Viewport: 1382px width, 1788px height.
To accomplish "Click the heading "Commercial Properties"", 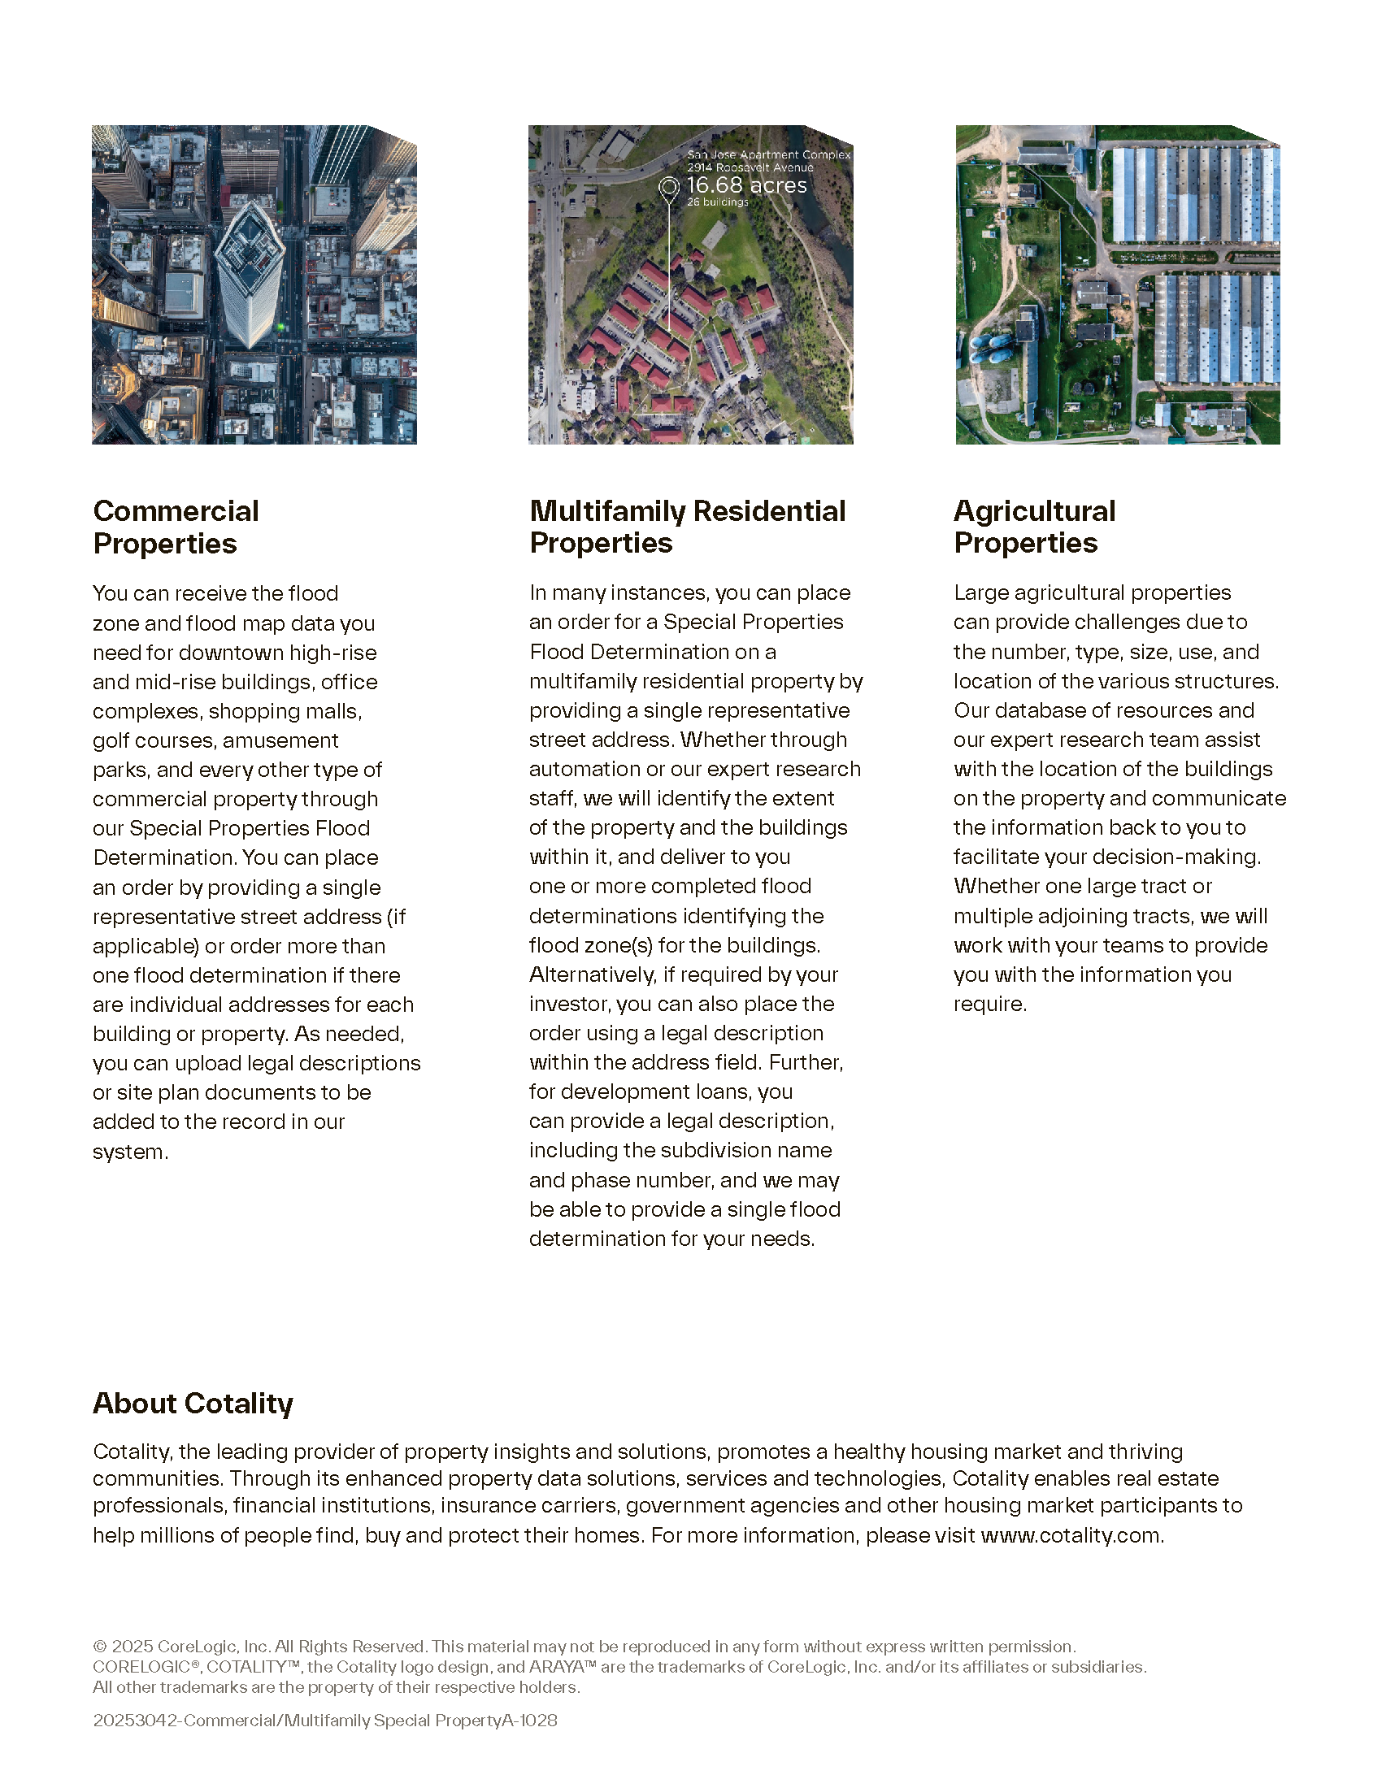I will [x=176, y=527].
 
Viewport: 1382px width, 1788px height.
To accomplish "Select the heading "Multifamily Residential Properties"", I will [x=687, y=527].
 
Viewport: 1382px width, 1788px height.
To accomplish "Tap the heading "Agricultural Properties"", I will [x=1034, y=527].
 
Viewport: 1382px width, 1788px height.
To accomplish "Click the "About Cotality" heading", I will [x=193, y=1403].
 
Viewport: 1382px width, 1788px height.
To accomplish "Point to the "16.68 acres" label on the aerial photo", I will [x=745, y=186].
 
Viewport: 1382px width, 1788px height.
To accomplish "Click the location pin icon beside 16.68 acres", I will [x=669, y=189].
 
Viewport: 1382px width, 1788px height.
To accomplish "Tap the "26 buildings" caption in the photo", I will [x=717, y=202].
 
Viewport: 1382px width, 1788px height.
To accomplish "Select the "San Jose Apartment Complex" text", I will [x=768, y=154].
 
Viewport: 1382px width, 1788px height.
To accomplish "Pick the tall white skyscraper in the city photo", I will [x=248, y=274].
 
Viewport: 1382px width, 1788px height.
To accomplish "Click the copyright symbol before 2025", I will [x=100, y=1647].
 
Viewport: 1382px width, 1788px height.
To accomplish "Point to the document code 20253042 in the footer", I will [x=136, y=1720].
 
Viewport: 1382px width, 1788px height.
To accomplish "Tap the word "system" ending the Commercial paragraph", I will [x=128, y=1151].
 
